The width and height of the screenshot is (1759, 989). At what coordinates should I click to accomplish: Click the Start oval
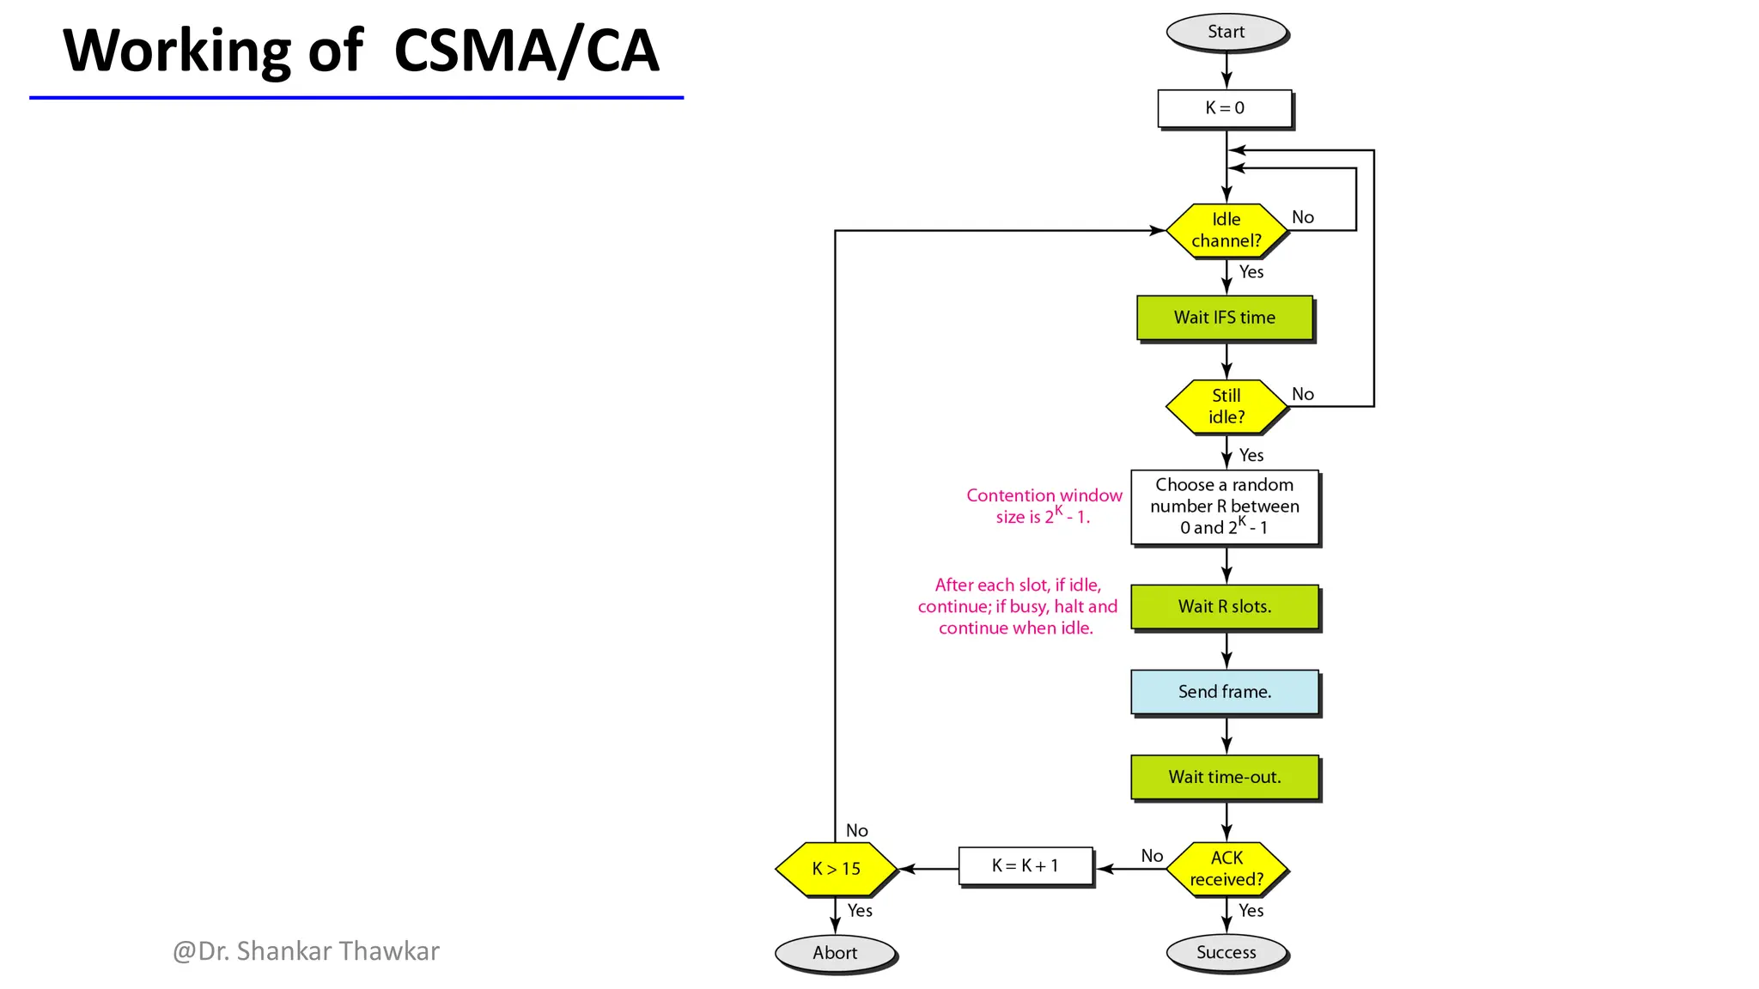point(1226,33)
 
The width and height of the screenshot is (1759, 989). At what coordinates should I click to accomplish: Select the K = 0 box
point(1225,108)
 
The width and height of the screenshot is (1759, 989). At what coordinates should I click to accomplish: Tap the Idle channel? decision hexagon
point(1226,230)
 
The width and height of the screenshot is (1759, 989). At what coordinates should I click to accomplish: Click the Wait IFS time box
point(1225,318)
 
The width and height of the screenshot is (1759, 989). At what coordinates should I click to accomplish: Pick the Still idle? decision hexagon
point(1226,406)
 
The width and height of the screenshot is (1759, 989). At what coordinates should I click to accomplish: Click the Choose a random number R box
point(1225,507)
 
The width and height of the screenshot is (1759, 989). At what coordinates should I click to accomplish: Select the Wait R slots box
point(1225,607)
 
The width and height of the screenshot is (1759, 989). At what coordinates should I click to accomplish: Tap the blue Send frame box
point(1225,692)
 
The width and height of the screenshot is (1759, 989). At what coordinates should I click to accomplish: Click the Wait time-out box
point(1225,777)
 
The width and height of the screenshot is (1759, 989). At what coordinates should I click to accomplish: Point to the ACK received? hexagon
point(1226,869)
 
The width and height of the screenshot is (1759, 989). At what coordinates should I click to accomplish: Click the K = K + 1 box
point(1026,865)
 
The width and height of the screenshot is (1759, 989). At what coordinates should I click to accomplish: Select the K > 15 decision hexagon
point(836,869)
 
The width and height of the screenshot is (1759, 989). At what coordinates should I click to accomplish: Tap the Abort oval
point(835,953)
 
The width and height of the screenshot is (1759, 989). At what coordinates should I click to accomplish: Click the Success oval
point(1226,953)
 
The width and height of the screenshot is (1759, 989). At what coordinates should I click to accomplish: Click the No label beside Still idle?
point(1302,394)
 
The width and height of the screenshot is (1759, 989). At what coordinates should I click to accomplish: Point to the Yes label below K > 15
point(860,911)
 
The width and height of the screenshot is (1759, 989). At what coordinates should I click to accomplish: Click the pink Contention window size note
point(1044,506)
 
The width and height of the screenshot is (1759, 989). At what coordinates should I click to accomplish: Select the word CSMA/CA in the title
point(526,51)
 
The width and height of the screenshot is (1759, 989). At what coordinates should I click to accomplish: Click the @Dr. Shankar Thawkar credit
point(306,951)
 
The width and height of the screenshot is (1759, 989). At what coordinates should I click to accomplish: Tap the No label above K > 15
point(856,830)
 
